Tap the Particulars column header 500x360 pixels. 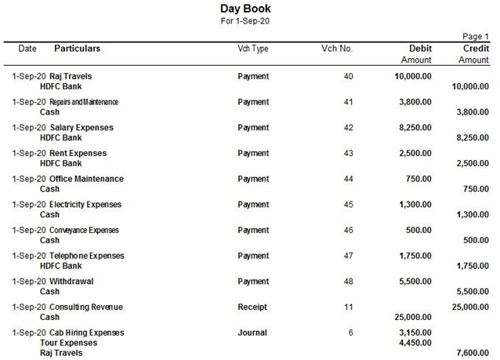click(77, 49)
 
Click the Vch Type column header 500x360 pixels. click(252, 49)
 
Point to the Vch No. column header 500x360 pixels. click(337, 49)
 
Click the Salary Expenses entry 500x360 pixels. click(82, 128)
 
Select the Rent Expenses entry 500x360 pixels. click(78, 153)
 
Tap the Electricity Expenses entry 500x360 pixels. click(85, 205)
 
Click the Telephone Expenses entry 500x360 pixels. click(86, 256)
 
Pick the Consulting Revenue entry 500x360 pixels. click(86, 307)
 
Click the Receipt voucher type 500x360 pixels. click(252, 307)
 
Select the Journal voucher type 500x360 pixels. click(252, 333)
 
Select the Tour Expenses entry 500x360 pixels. click(68, 343)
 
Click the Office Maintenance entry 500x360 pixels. click(86, 179)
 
